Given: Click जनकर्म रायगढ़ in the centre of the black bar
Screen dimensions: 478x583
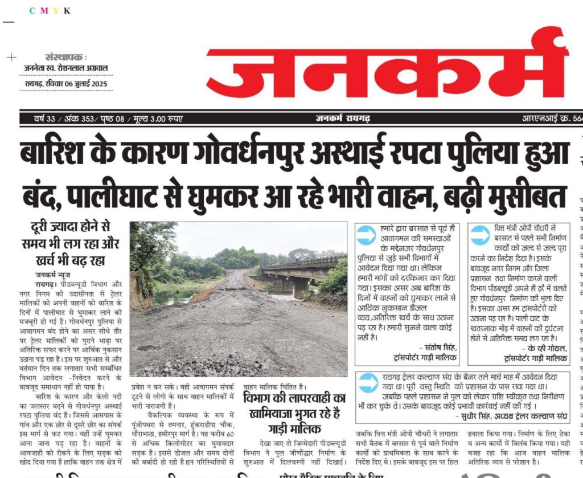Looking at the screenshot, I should [343, 119].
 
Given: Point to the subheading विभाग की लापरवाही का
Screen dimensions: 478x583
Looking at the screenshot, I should [294, 399].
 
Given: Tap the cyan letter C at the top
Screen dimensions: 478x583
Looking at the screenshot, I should [32, 11].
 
